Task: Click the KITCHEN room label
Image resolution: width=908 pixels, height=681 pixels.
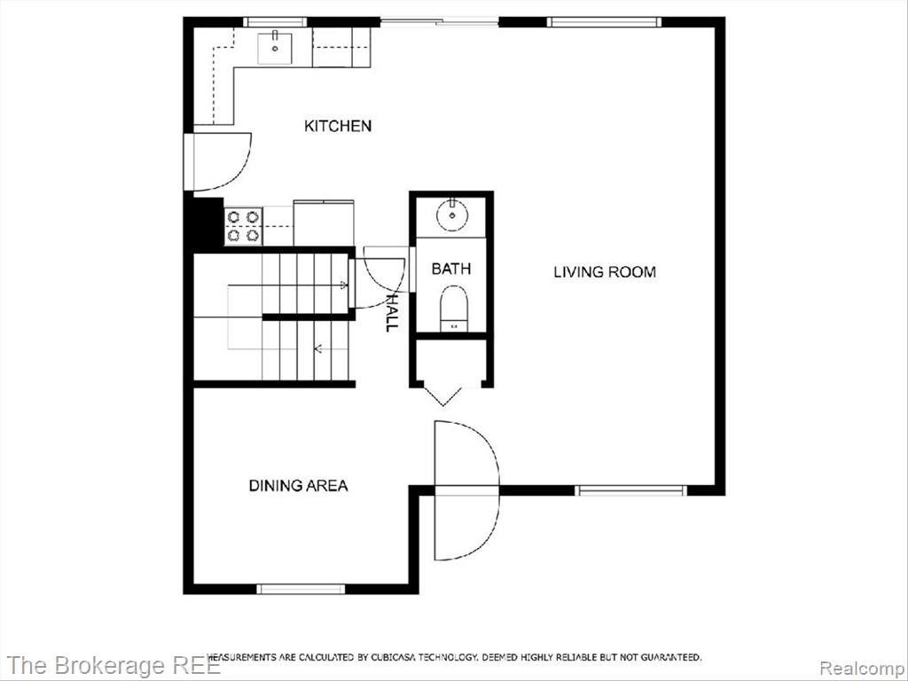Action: point(338,126)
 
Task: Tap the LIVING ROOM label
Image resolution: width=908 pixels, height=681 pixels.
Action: point(605,271)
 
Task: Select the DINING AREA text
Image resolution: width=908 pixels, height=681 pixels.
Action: point(298,485)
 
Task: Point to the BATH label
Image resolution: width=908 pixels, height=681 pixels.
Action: point(451,269)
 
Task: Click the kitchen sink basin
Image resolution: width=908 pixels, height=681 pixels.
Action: point(275,48)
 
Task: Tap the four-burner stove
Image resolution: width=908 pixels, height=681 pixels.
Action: point(243,226)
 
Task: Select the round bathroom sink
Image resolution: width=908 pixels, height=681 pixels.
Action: point(453,215)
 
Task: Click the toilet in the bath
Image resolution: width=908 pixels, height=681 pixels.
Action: point(453,309)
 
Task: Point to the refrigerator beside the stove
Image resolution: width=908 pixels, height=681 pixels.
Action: point(324,223)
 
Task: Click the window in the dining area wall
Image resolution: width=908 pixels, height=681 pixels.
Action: point(301,589)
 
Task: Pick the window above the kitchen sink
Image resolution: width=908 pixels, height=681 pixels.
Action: point(275,22)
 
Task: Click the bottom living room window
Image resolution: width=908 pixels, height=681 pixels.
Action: point(630,490)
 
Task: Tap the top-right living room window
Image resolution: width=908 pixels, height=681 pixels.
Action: point(605,22)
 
